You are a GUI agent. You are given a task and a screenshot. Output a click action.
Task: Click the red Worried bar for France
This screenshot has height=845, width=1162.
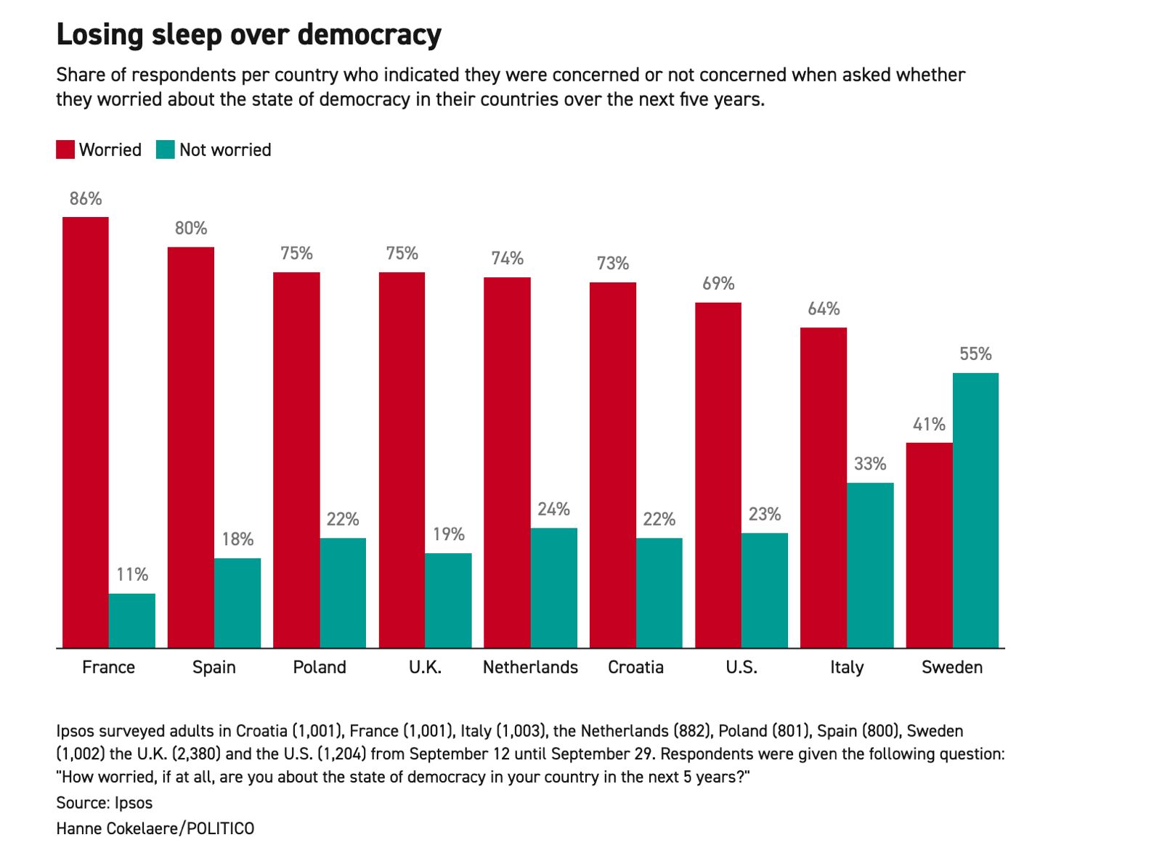tap(86, 432)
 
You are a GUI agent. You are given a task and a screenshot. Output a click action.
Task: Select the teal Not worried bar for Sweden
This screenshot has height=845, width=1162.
tap(975, 510)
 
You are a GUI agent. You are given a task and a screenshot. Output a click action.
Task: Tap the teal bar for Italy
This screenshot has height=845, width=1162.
tap(870, 565)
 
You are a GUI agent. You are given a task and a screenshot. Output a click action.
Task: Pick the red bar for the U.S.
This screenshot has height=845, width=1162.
tap(718, 475)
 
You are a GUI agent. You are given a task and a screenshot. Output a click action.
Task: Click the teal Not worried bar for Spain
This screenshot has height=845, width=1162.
tap(237, 603)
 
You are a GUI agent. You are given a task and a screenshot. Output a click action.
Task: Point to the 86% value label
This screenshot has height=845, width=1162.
tap(86, 199)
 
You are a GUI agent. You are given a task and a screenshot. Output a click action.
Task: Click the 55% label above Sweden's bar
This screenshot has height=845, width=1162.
tap(975, 354)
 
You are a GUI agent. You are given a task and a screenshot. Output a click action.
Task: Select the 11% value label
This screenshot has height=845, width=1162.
tap(132, 575)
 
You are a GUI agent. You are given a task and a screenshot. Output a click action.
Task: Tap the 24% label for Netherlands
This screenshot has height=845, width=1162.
tap(553, 510)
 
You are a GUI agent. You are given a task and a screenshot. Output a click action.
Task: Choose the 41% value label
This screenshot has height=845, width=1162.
tap(929, 425)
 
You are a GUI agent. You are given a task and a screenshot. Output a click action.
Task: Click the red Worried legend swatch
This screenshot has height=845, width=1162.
tap(65, 150)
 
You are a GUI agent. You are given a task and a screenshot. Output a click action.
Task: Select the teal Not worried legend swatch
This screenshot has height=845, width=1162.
tap(166, 150)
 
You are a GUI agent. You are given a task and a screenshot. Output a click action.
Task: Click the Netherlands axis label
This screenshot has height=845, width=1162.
tap(530, 667)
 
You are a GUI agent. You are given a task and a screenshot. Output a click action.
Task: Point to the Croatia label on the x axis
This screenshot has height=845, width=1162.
tap(635, 667)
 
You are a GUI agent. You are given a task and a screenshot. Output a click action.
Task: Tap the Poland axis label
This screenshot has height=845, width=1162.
tap(320, 667)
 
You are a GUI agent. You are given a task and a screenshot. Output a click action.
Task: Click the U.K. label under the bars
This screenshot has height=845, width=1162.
tap(425, 667)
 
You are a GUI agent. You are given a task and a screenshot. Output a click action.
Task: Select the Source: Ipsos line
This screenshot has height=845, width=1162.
tap(105, 803)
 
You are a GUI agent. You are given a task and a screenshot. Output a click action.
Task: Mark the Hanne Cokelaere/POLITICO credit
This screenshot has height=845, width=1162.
tap(155, 828)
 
